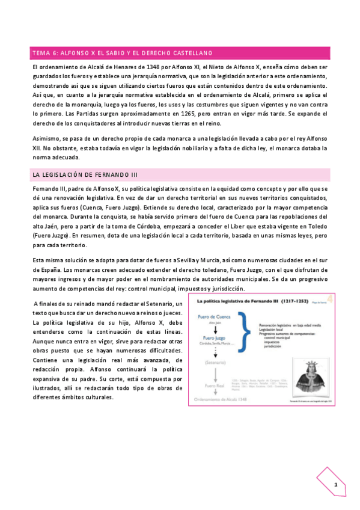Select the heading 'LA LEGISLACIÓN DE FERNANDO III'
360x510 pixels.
(x=85, y=174)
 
